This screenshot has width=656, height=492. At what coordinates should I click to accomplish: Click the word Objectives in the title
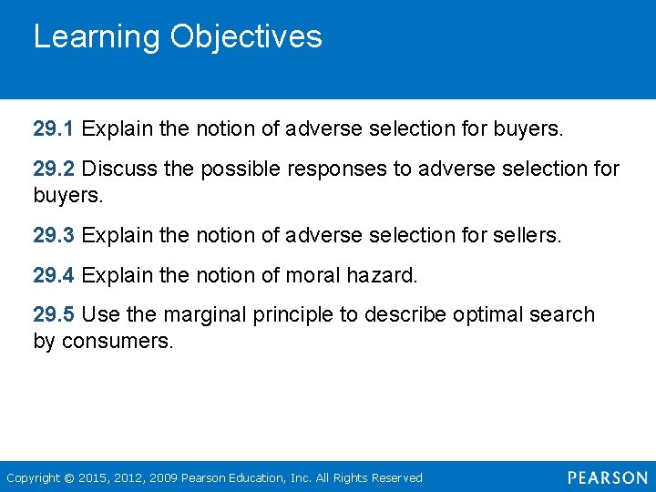point(246,37)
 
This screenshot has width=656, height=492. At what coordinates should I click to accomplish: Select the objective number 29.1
point(54,129)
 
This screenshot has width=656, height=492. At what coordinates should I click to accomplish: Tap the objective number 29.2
point(54,169)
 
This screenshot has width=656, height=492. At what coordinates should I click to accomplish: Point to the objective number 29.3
point(54,236)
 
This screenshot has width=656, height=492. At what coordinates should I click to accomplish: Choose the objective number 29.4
point(54,275)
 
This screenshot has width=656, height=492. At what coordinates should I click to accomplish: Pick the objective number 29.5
point(54,315)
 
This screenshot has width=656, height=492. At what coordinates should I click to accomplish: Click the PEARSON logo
point(607,477)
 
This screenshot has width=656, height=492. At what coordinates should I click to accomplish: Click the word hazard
point(384,275)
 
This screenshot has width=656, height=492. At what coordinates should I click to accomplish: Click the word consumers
point(117,343)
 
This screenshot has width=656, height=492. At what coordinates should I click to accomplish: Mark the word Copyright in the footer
point(32,478)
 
